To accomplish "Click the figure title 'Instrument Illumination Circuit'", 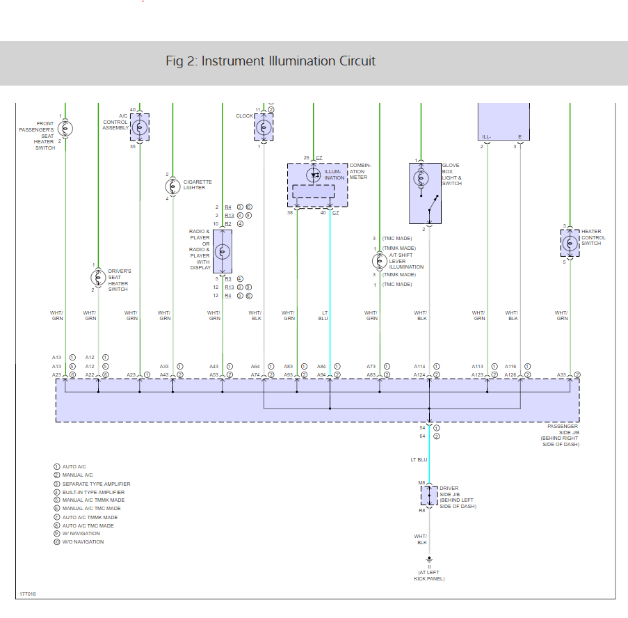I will click(271, 61).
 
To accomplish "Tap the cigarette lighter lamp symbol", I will click(172, 187).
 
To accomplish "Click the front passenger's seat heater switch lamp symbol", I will click(65, 128).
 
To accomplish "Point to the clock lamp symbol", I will click(264, 127).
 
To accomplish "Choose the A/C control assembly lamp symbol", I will click(140, 127).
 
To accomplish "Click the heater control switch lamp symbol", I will click(570, 242).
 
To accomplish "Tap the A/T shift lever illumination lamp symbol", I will click(380, 261).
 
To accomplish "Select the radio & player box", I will click(223, 251).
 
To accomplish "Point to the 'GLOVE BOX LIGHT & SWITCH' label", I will click(451, 174).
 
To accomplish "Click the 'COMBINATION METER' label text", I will click(360, 171).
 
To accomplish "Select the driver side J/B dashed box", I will click(429, 496).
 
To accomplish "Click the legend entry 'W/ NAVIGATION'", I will click(83, 534).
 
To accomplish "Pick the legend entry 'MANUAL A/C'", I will click(78, 475).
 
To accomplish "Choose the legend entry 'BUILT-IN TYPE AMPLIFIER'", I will click(93, 492).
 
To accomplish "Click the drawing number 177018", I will click(28, 594).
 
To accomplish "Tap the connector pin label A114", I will click(419, 366).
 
